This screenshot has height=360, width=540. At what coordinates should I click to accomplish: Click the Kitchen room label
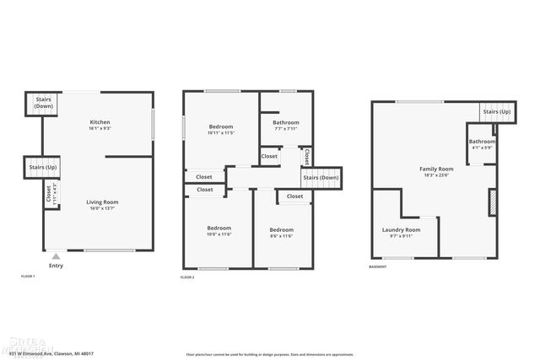point(100,122)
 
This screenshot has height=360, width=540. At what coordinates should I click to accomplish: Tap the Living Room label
point(100,202)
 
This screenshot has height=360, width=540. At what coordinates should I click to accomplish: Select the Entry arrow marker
point(56,256)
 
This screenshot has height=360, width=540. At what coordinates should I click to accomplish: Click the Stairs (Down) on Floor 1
point(42,103)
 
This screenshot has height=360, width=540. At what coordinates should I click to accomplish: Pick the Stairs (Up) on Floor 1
point(41,167)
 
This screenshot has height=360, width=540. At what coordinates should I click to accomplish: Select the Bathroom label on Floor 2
point(285,123)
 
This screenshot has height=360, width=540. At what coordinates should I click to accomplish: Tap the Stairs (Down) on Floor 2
point(321,177)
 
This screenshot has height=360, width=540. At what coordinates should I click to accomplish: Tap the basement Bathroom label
point(482,142)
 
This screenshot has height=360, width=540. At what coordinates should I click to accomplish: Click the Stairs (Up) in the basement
point(495,111)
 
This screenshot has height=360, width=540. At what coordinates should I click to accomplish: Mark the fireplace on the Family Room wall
point(492,203)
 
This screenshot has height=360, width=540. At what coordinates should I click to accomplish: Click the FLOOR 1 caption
point(28,276)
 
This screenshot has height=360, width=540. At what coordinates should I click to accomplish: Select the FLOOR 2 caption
point(187,277)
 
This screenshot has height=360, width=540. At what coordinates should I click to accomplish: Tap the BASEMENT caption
point(378,267)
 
